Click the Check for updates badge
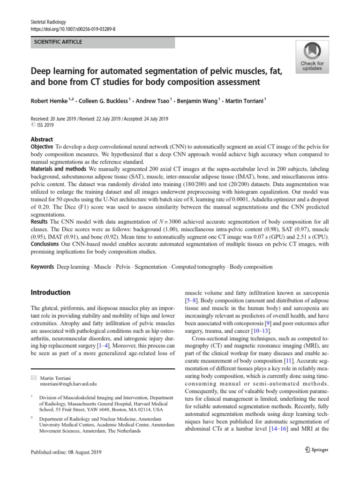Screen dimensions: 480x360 [x=312, y=56]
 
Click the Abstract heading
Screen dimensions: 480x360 [x=42, y=139]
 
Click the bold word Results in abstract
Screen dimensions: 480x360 [x=39, y=221]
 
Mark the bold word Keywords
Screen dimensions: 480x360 [x=42, y=267]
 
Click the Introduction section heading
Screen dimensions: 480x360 [x=51, y=292]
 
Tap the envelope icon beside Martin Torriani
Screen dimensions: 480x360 [x=33, y=377]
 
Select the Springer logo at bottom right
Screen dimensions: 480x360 [x=316, y=450]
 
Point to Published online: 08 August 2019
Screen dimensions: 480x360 [x=66, y=452]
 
